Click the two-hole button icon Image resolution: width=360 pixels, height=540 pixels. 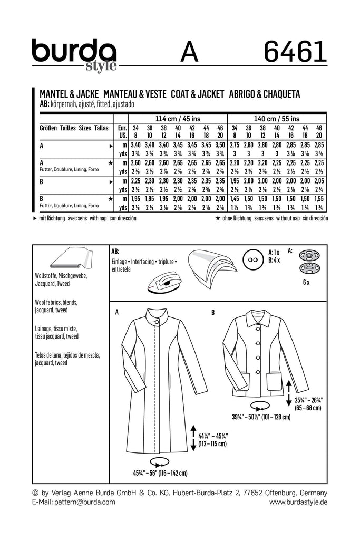[252, 262]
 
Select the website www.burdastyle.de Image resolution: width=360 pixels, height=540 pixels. [298, 502]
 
